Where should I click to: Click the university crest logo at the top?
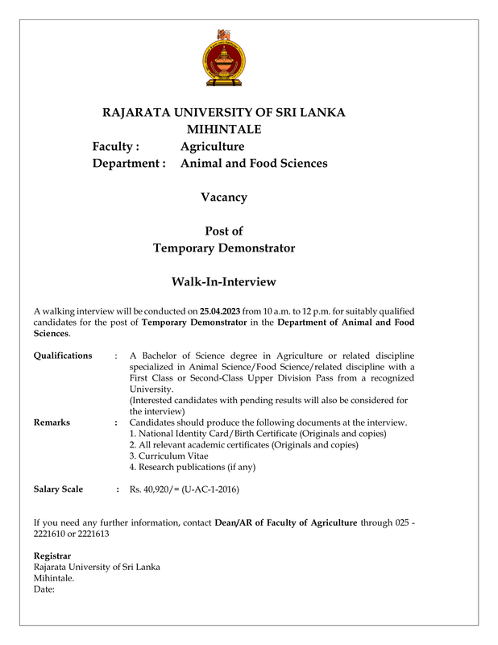pyautogui.click(x=223, y=58)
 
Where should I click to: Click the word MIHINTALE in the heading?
pyautogui.click(x=224, y=129)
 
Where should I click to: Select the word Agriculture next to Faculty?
pyautogui.click(x=212, y=147)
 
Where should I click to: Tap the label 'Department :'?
pyautogui.click(x=129, y=164)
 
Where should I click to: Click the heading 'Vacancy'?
pyautogui.click(x=224, y=198)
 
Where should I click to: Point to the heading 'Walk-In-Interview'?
pyautogui.click(x=224, y=282)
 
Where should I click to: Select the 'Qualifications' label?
pyautogui.click(x=63, y=356)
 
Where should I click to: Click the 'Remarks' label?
pyautogui.click(x=52, y=422)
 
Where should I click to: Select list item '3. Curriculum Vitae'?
pyautogui.click(x=168, y=456)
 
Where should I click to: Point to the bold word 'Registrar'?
pyautogui.click(x=52, y=556)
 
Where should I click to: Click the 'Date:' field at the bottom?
pyautogui.click(x=44, y=589)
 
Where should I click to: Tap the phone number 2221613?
pyautogui.click(x=91, y=534)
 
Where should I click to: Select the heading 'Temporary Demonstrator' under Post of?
pyautogui.click(x=224, y=248)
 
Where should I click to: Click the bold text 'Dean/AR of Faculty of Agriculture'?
pyautogui.click(x=286, y=522)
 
